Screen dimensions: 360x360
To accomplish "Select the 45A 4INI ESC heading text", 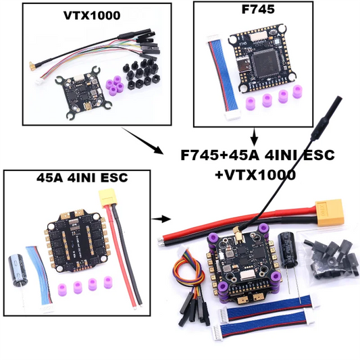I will point(79,179).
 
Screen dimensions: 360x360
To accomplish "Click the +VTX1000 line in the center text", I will point(256,174).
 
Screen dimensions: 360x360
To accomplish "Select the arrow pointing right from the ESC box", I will point(160,219).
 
